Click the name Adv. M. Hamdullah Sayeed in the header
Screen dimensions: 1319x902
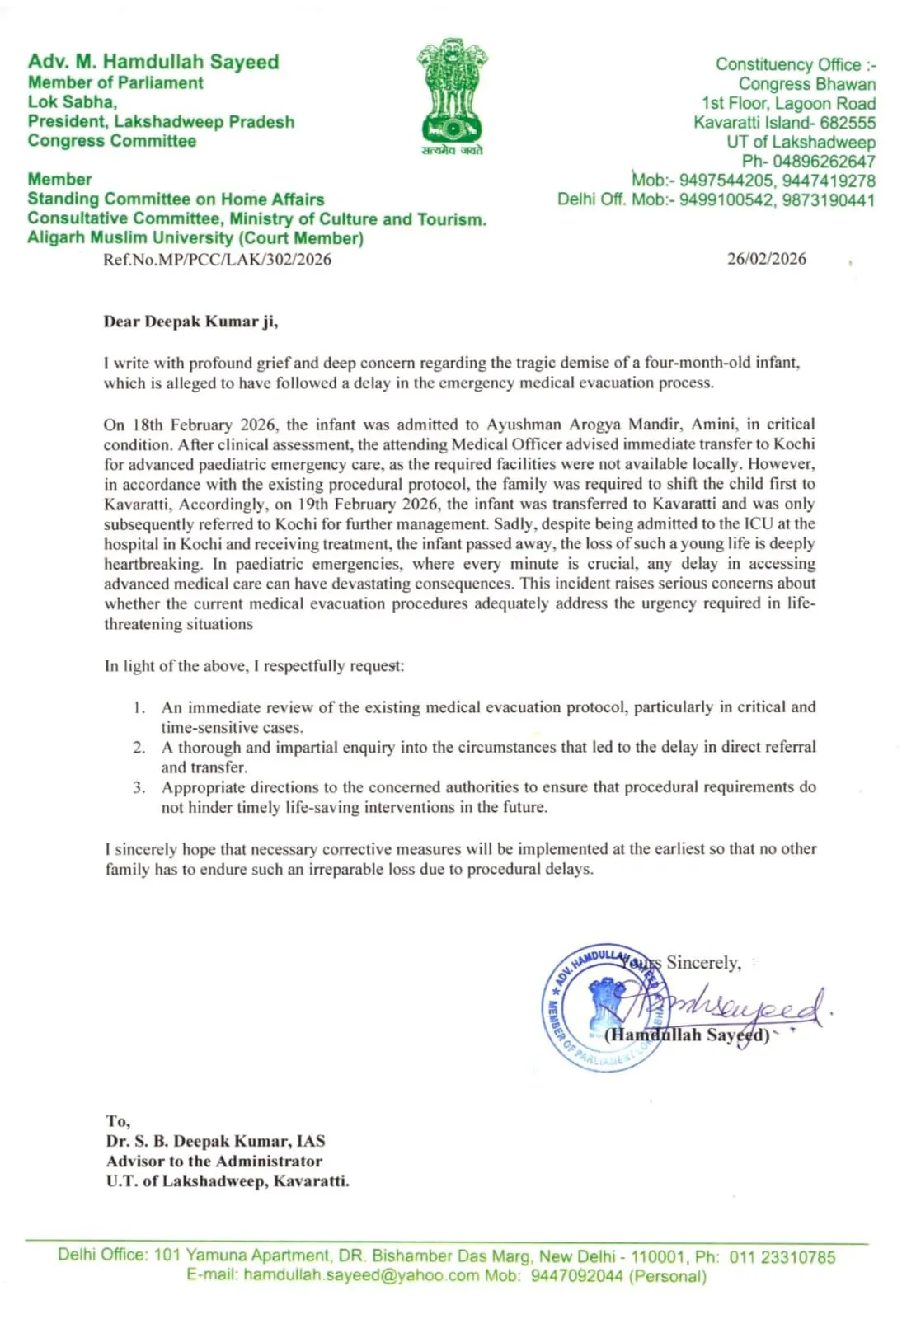[x=153, y=62]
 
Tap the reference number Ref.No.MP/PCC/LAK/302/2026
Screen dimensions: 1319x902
[x=217, y=260]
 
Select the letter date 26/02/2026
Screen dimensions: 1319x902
[x=766, y=259]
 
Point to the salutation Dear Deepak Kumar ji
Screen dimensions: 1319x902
[x=190, y=322]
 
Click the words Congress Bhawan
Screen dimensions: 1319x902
[x=806, y=84]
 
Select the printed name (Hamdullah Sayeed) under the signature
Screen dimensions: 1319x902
[x=687, y=1035]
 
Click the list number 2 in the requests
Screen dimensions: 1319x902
[x=139, y=748]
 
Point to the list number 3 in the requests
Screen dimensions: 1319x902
[x=139, y=787]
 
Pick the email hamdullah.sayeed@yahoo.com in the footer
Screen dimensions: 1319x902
[x=361, y=1276]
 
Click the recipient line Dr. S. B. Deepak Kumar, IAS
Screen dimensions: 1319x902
[x=215, y=1142]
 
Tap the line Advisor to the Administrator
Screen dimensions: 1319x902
[x=214, y=1162]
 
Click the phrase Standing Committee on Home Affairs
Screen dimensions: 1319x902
[x=176, y=199]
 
